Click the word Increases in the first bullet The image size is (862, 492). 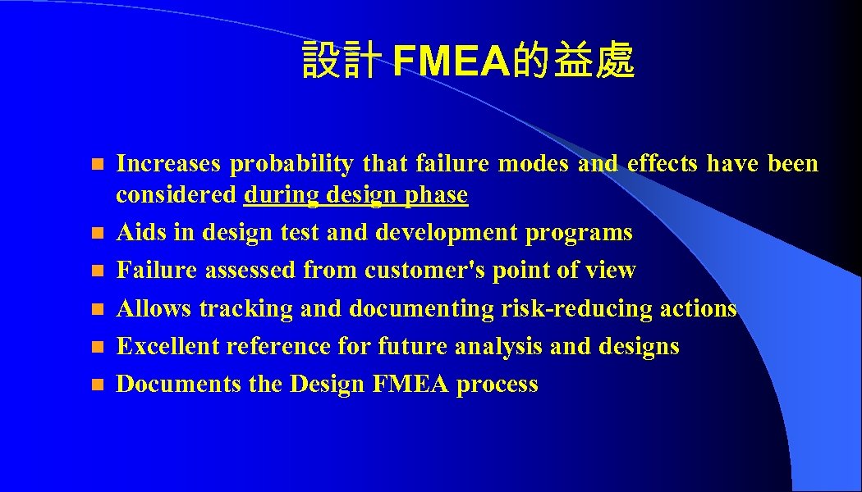[168, 164]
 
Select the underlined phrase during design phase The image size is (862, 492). [355, 196]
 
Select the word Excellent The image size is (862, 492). [168, 347]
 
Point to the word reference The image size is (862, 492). [278, 347]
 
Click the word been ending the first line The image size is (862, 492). [793, 164]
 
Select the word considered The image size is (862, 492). [177, 196]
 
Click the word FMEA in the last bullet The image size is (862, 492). [410, 385]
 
